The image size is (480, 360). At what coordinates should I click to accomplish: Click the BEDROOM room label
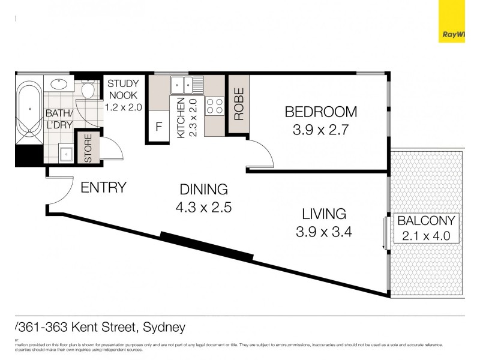point(320,112)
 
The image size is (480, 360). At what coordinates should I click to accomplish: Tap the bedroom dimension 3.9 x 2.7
point(320,130)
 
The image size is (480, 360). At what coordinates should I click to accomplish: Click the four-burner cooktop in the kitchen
point(214,106)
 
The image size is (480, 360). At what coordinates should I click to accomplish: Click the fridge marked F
point(159,127)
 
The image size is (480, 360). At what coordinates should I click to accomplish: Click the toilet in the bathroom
point(88,90)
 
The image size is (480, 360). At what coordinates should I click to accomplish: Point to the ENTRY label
point(103,187)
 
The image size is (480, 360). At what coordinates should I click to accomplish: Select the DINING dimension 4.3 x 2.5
point(204,208)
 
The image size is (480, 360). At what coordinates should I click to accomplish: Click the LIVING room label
point(324,214)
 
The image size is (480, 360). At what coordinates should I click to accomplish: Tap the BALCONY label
point(426,220)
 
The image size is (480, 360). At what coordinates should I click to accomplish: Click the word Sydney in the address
point(164,328)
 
